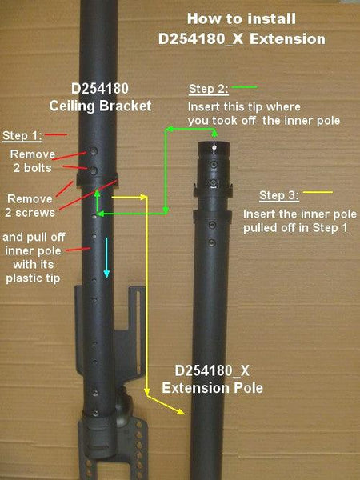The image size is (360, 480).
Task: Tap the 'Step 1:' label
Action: pos(24,134)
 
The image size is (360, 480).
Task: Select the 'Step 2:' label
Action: pos(208,88)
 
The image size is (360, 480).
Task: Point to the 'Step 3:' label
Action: pos(281,194)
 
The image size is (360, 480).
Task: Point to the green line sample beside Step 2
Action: pos(245,87)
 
